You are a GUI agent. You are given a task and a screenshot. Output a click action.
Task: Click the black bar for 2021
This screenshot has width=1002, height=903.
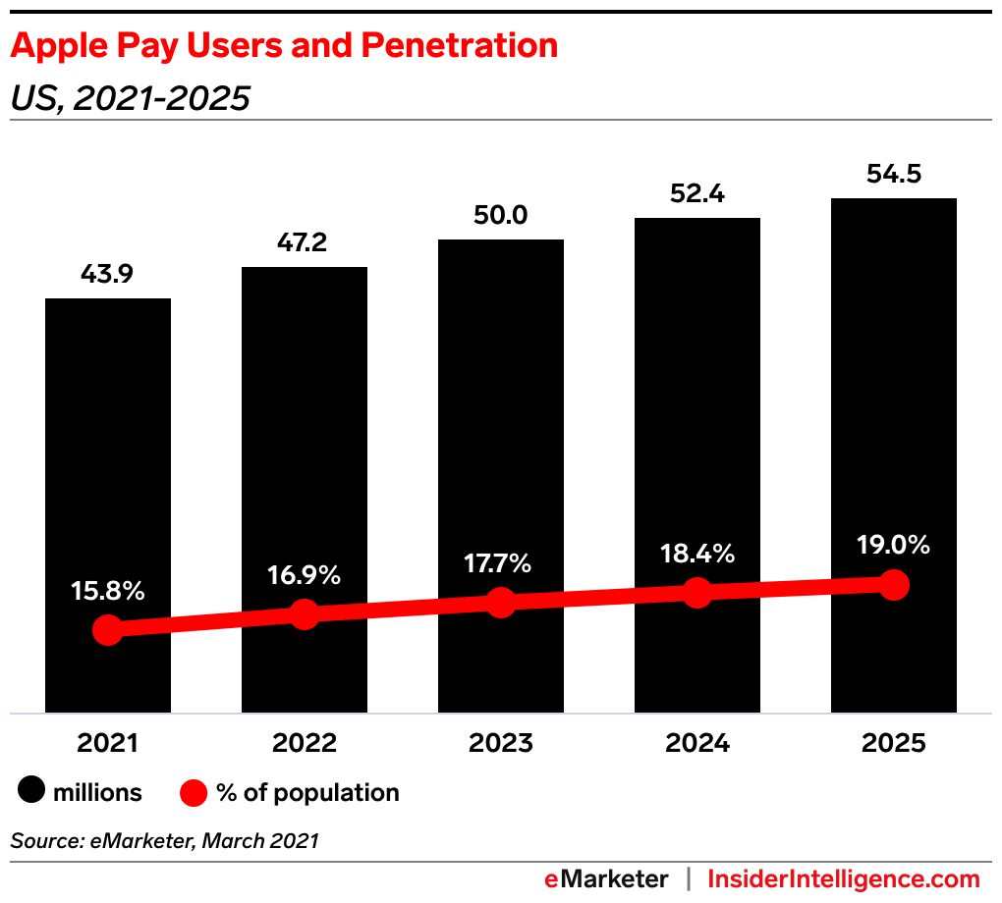[x=108, y=471]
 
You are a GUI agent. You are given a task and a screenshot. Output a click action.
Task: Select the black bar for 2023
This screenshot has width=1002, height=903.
[x=501, y=442]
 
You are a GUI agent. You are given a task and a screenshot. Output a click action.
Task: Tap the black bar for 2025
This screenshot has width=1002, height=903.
[x=894, y=412]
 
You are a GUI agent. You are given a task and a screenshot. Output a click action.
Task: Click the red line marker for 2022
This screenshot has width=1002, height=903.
[x=305, y=614]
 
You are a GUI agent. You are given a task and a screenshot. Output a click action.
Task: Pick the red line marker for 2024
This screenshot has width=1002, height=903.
[x=696, y=593]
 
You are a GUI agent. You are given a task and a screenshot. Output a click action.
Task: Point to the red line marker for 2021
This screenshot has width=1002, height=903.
[x=108, y=630]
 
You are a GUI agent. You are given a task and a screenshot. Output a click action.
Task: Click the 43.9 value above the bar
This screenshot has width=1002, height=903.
[x=108, y=277]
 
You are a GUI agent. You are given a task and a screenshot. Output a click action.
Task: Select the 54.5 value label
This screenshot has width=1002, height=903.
[x=894, y=175]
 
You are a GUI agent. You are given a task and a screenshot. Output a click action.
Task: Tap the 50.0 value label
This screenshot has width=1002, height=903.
[x=501, y=217]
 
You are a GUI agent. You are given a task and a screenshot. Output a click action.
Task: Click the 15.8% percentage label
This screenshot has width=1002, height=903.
[x=108, y=591]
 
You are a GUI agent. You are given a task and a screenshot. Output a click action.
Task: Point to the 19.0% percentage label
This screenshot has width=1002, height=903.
[x=893, y=546]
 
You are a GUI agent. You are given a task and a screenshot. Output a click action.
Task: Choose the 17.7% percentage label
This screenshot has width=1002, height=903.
[x=500, y=563]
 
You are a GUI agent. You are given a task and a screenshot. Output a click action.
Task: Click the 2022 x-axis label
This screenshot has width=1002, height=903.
[x=305, y=743]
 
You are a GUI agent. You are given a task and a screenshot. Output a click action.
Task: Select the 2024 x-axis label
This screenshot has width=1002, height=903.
[x=696, y=743]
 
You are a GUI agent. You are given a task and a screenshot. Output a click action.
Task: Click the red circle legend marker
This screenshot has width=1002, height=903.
[x=195, y=792]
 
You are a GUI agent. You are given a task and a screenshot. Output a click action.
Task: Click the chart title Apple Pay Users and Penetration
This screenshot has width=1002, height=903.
[x=284, y=45]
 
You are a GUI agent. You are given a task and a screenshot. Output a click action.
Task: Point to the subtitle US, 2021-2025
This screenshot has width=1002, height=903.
[x=130, y=98]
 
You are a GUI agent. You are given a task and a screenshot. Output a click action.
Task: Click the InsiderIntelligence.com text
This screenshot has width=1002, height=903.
[x=844, y=878]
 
